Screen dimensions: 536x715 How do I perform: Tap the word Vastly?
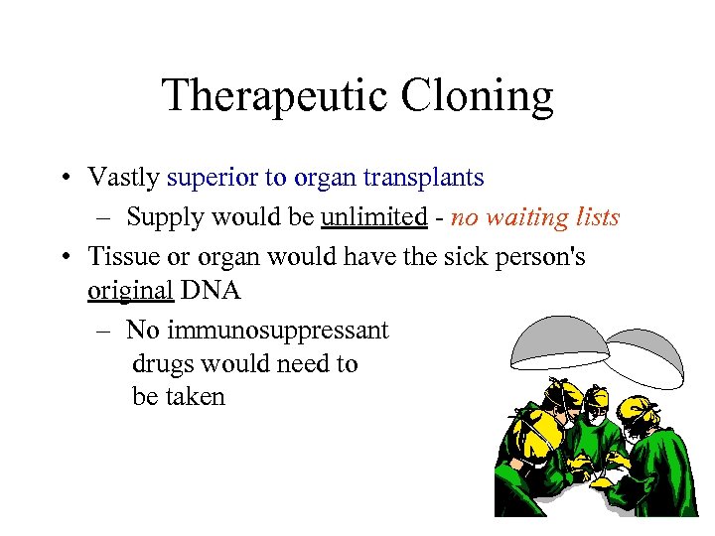124,178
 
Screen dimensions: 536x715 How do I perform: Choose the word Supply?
162,216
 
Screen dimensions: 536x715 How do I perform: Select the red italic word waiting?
523,216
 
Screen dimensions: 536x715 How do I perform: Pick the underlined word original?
130,291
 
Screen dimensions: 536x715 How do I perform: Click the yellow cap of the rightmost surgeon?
637,408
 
